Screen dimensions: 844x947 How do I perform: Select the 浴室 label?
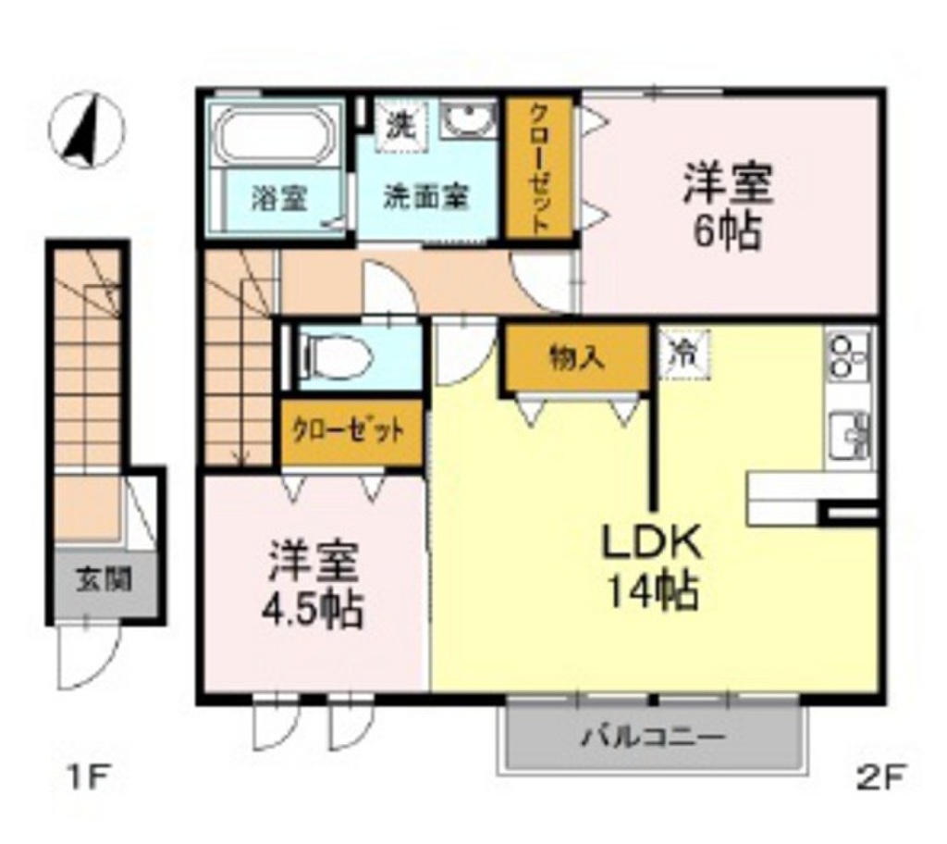[281, 197]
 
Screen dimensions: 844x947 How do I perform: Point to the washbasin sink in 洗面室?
[470, 120]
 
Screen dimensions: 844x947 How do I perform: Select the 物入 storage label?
[576, 357]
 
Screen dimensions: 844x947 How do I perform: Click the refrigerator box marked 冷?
[685, 354]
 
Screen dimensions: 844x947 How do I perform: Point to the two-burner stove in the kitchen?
[850, 356]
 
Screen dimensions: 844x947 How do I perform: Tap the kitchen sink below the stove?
[850, 433]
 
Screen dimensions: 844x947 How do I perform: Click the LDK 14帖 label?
[652, 567]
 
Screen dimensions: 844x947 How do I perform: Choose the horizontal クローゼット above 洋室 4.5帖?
[351, 431]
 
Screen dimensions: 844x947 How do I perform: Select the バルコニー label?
[653, 738]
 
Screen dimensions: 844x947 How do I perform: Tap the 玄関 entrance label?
[103, 581]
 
